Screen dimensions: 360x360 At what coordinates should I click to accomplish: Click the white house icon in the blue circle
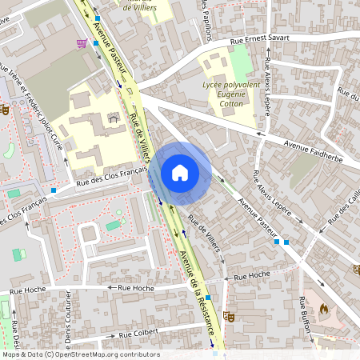(x=180, y=172)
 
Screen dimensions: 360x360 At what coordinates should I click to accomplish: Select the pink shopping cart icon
(x=81, y=43)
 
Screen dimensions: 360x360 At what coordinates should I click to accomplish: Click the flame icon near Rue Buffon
(x=323, y=308)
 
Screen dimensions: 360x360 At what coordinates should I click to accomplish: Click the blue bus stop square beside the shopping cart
(x=96, y=42)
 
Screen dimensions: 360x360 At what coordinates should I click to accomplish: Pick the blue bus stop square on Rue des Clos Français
(x=54, y=190)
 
